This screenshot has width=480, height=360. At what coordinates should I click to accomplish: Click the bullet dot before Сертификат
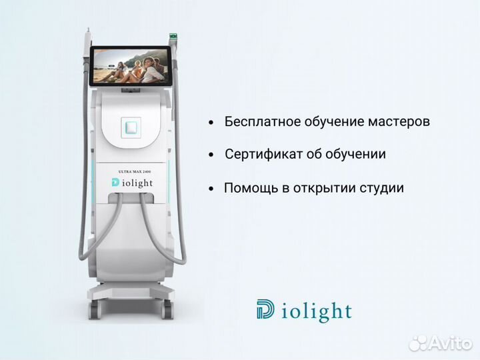point(211,155)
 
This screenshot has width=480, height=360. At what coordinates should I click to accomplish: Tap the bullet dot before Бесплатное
point(211,123)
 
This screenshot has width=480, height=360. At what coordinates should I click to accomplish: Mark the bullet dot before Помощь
point(211,189)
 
